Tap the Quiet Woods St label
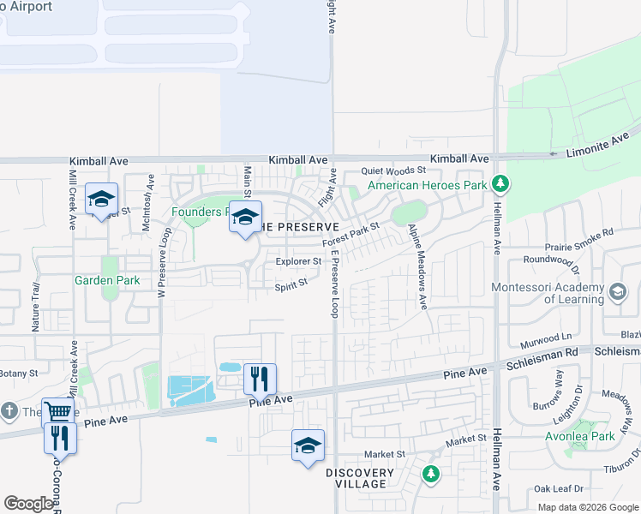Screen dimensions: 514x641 (393, 170)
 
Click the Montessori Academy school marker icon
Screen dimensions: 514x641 (616, 293)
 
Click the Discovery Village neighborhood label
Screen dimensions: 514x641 (360, 478)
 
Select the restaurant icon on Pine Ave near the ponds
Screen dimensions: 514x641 (260, 377)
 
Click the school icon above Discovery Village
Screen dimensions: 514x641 (308, 445)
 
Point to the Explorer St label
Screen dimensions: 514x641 (298, 261)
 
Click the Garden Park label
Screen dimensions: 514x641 (106, 280)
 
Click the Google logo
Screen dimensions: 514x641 (28, 504)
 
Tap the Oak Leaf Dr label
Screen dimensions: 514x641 (558, 489)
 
